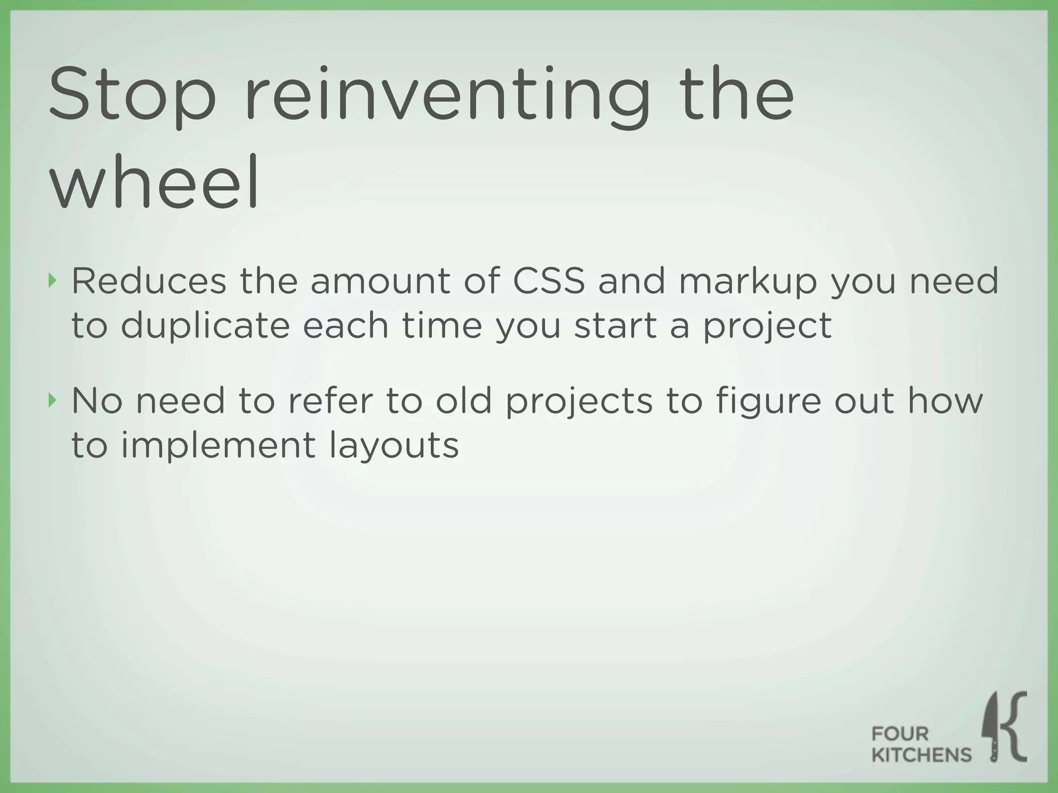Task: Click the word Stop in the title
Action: pos(132,96)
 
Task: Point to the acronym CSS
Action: pos(549,282)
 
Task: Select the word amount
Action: pos(380,282)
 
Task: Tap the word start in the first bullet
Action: pos(615,326)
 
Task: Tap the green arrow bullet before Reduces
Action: pos(51,281)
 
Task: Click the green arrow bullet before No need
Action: pos(51,400)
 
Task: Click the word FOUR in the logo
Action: pos(900,734)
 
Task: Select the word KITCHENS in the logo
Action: pos(921,755)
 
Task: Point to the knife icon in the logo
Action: pos(992,728)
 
